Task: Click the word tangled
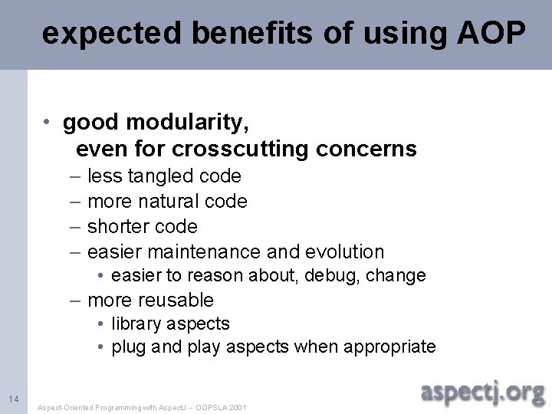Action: [x=162, y=176]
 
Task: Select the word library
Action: [x=136, y=324]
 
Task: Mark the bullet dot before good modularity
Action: [x=48, y=123]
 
